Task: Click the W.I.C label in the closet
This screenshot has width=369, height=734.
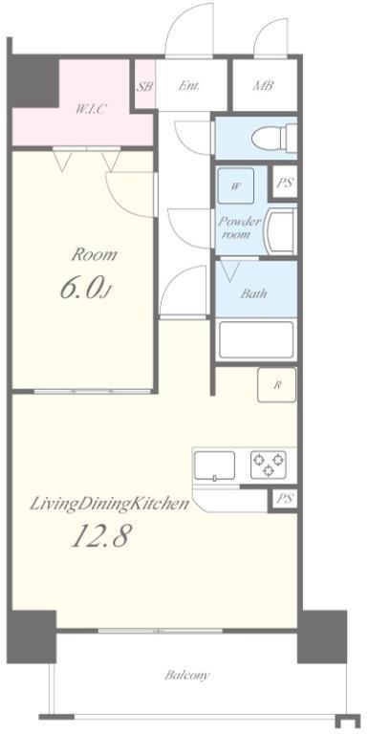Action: click(91, 110)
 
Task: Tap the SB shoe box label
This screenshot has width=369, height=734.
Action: click(144, 87)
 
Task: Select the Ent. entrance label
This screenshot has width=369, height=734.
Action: click(188, 86)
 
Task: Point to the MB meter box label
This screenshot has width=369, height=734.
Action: click(263, 86)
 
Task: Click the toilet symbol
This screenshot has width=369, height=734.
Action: click(274, 138)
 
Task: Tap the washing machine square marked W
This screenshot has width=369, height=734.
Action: click(236, 185)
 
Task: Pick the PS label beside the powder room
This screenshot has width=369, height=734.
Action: click(284, 183)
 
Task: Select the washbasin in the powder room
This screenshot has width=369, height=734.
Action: click(280, 230)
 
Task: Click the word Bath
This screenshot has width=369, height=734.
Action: click(253, 294)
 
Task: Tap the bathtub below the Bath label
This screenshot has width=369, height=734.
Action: click(256, 339)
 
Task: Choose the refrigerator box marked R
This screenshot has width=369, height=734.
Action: click(277, 385)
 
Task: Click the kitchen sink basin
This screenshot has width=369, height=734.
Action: click(215, 465)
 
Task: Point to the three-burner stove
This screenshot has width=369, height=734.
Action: click(269, 464)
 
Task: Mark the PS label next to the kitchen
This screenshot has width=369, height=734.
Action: click(284, 499)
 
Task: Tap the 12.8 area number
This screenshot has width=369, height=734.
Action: click(100, 535)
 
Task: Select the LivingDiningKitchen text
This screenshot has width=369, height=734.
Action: click(110, 505)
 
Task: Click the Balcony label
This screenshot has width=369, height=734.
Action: click(186, 676)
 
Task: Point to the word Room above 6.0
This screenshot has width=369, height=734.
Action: click(94, 255)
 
